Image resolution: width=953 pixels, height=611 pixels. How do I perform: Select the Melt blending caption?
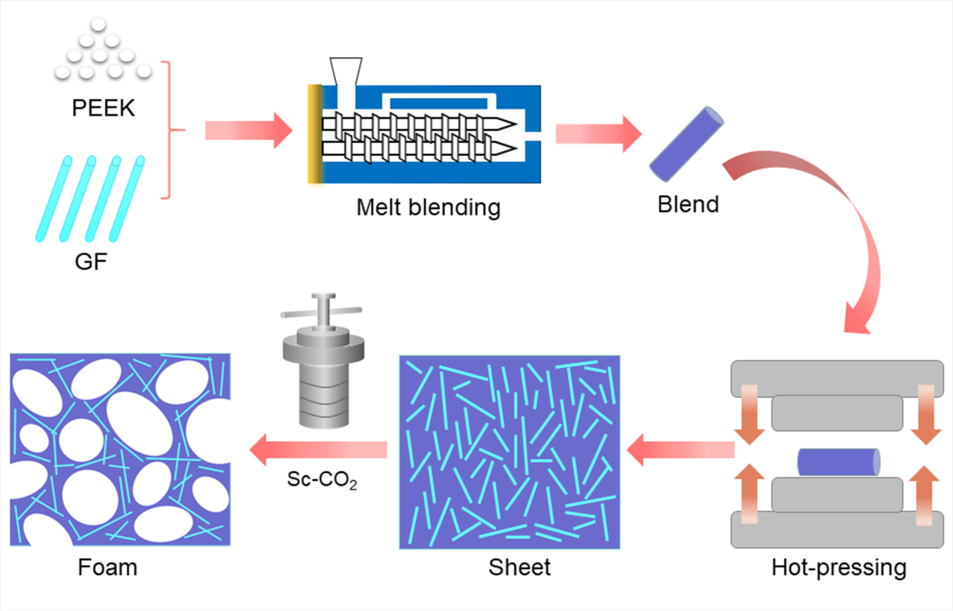[x=428, y=206]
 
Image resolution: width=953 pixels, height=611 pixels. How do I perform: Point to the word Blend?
[x=688, y=203]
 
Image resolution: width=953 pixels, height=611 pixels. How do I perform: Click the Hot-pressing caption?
[x=838, y=568]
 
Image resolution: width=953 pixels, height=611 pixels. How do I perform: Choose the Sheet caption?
[x=519, y=567]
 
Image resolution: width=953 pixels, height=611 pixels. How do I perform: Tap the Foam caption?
[x=107, y=567]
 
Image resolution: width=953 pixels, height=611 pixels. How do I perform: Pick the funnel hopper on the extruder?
[x=344, y=71]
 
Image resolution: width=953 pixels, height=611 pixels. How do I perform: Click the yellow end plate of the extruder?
[x=314, y=135]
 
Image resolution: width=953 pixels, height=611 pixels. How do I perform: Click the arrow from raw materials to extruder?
[x=248, y=130]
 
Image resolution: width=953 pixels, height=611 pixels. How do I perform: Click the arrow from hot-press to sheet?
[x=679, y=450]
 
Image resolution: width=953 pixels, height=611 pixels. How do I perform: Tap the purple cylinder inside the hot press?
[x=837, y=462]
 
